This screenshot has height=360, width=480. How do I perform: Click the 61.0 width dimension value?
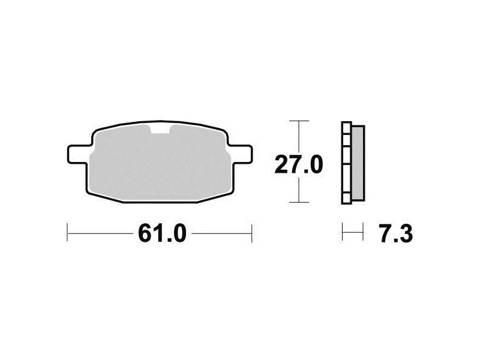(x=162, y=233)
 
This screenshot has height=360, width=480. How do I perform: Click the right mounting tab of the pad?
(x=241, y=155)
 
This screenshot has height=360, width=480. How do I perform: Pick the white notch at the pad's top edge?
(x=160, y=129)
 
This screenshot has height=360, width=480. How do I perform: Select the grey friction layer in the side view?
(x=358, y=163)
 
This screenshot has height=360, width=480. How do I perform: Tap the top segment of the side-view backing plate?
(x=346, y=128)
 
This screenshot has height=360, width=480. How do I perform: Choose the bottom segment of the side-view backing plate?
(x=346, y=199)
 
